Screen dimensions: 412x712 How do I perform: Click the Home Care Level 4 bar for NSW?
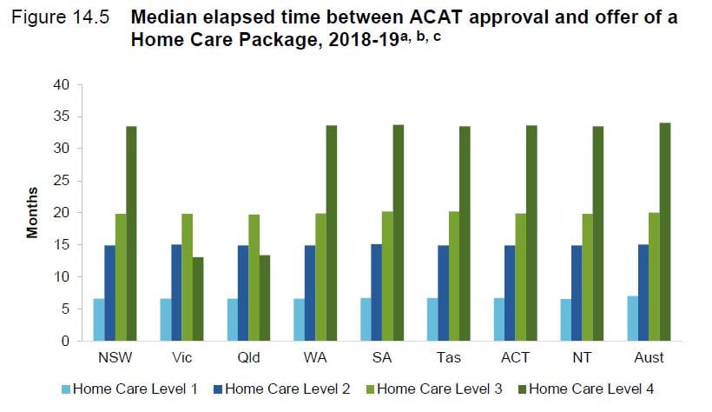(131, 234)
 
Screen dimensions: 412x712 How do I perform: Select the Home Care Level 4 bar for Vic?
(198, 299)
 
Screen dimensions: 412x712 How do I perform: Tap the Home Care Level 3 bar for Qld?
(254, 278)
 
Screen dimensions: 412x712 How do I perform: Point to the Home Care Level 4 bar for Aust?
(664, 232)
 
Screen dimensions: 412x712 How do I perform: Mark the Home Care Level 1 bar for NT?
(565, 320)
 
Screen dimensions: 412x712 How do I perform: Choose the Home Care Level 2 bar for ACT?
(510, 293)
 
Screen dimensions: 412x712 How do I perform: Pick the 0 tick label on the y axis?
(63, 342)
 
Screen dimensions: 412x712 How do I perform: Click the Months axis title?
(32, 213)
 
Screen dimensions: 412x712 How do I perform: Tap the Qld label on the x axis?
(248, 357)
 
